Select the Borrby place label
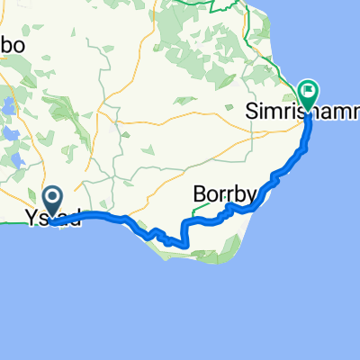coord(226,194)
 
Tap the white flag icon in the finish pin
coord(308,90)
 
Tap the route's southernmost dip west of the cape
coord(180,244)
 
